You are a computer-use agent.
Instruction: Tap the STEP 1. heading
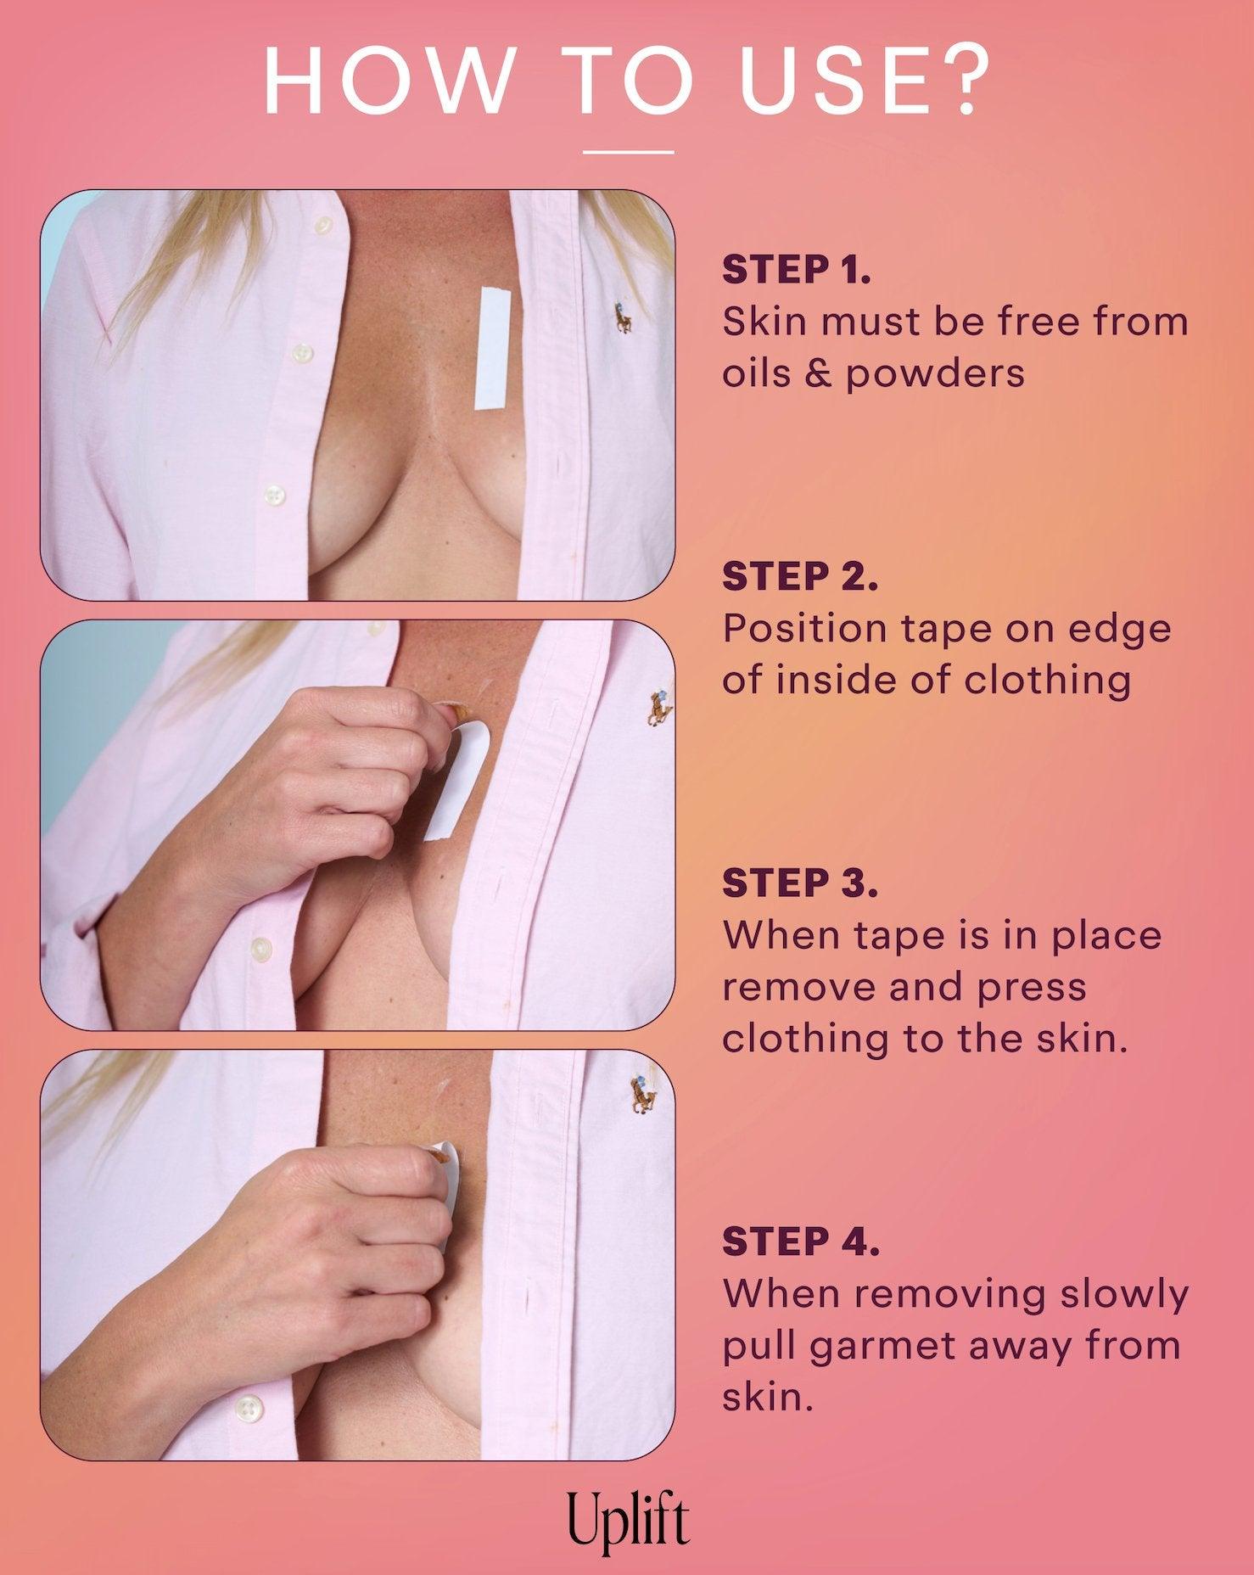(797, 269)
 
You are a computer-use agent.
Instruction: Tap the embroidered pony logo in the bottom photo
(640, 1094)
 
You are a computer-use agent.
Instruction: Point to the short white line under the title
(629, 153)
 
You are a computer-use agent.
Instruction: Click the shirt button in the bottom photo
(248, 1404)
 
